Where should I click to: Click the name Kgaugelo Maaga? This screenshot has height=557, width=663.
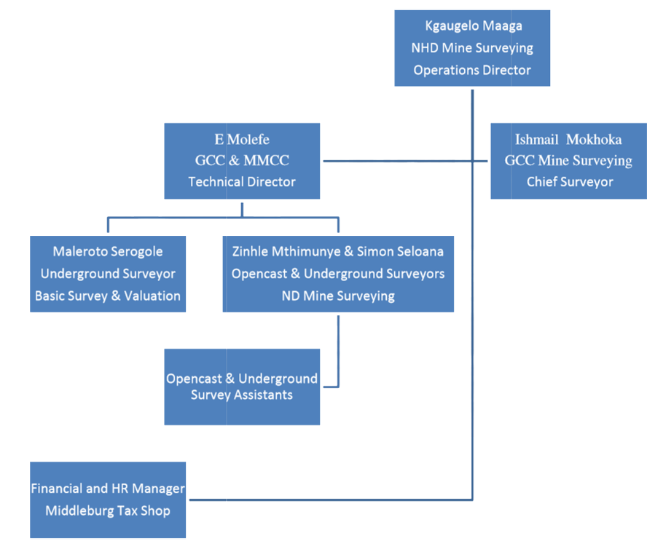coord(472,26)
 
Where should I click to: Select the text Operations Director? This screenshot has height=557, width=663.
coord(472,71)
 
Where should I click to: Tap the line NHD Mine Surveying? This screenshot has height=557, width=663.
coord(472,48)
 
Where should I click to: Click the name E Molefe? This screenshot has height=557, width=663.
coord(242,138)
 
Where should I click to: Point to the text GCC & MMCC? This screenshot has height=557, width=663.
coord(242,160)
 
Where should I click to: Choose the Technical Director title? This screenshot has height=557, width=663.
coord(242,182)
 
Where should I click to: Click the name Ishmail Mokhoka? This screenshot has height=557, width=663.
coord(568,139)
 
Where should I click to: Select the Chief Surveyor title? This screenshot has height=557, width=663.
coord(568,182)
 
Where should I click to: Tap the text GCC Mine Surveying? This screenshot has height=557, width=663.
coord(568,160)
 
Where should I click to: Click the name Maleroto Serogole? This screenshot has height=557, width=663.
coord(108,252)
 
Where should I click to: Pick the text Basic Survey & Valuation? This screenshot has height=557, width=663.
coord(108,296)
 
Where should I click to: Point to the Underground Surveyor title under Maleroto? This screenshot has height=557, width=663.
coord(108,274)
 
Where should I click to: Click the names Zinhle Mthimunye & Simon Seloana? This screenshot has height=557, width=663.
coord(338,252)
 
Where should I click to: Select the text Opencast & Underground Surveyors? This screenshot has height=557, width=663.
coord(338,274)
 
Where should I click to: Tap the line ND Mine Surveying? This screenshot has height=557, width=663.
coord(338,296)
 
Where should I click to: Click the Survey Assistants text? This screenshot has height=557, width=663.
coord(242,395)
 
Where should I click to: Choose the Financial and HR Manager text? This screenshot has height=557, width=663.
coord(108,489)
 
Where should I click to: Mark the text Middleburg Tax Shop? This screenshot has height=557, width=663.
coord(108,510)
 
